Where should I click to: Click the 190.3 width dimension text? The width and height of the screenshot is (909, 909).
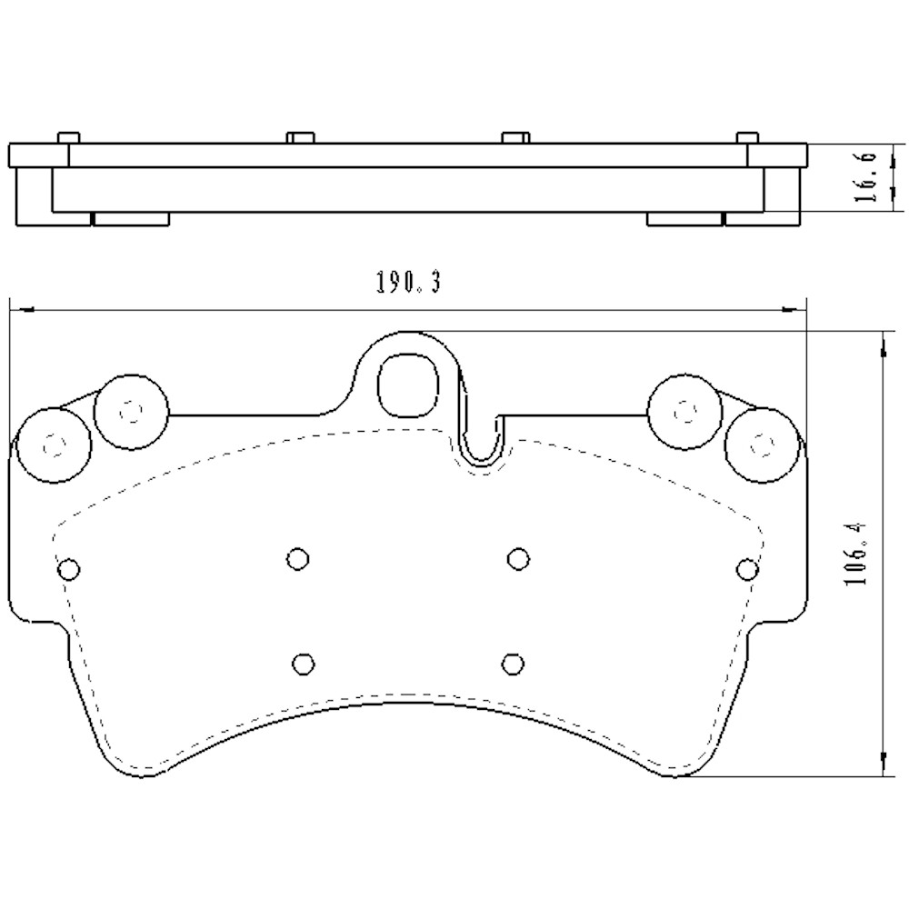(408, 284)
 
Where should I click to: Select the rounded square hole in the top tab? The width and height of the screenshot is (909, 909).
(407, 384)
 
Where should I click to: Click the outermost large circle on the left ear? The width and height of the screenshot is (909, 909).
(55, 445)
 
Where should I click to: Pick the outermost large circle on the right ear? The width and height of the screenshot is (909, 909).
(764, 445)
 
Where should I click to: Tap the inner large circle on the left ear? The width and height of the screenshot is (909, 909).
(132, 413)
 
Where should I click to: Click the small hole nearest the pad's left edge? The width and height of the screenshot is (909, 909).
(68, 569)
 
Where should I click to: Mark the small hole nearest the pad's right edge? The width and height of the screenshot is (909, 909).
(747, 569)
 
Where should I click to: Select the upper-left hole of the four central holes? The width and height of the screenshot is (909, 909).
(296, 557)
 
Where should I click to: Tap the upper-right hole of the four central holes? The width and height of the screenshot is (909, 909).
(518, 557)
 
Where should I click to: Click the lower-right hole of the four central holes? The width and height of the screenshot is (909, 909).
(513, 662)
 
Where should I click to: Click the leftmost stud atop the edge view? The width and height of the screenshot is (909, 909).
(69, 137)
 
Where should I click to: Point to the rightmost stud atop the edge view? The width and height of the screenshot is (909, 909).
(746, 137)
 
